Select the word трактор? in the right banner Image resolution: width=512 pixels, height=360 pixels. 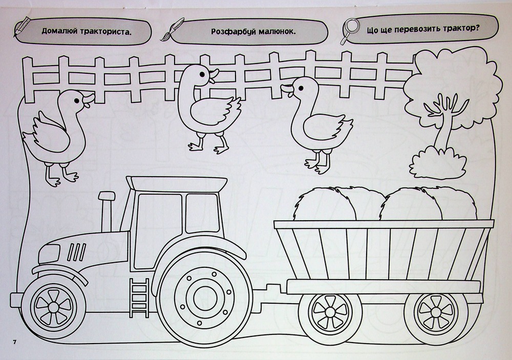pos(461,29)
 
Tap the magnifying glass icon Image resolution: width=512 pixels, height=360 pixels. pos(350,31)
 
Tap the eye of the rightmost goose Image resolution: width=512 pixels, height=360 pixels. pos(301,88)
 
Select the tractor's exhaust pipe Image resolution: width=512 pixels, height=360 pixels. pos(106,211)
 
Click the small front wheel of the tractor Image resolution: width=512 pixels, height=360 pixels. pos(53,306)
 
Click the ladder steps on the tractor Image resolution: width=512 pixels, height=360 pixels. pos(139,298)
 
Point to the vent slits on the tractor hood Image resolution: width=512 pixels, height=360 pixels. pos(77,252)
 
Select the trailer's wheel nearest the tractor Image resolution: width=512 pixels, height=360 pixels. pos(330,312)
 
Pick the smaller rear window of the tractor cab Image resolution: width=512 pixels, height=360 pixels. pos(202,213)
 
